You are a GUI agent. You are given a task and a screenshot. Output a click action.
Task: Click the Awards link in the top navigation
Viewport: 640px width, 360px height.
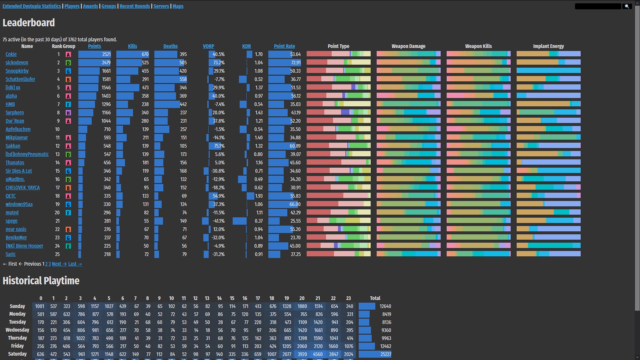(x=90, y=6)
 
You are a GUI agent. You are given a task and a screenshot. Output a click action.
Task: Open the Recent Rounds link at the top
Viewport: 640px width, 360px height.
(x=135, y=6)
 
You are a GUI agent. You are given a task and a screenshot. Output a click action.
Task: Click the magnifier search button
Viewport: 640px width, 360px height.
(x=627, y=6)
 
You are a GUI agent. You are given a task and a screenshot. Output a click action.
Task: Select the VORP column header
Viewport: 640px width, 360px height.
(x=208, y=46)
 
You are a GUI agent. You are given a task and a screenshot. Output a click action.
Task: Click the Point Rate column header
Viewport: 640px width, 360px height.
(x=284, y=46)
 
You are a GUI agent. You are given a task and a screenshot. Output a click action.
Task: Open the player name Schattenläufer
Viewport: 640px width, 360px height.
(x=20, y=79)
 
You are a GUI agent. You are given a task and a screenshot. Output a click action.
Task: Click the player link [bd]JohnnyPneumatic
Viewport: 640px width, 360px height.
(x=27, y=154)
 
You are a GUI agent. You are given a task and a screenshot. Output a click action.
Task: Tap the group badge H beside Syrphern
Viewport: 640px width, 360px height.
(x=68, y=113)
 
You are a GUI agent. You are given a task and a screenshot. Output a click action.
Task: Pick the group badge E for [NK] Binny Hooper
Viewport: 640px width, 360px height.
(x=68, y=246)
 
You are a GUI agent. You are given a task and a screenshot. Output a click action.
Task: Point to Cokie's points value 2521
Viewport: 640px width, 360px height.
(x=106, y=54)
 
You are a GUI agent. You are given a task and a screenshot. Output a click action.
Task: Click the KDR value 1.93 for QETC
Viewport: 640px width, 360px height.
(x=259, y=196)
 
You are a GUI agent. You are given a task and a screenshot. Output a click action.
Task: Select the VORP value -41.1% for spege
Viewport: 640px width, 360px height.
(x=218, y=221)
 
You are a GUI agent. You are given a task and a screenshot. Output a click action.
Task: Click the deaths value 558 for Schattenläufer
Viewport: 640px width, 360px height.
(x=183, y=79)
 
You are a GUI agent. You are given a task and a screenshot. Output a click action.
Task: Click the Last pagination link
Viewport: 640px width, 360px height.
(x=75, y=264)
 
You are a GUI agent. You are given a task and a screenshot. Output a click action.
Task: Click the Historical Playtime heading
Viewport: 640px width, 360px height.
(x=41, y=281)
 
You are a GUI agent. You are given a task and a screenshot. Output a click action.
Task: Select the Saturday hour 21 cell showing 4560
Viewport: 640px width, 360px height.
(x=318, y=354)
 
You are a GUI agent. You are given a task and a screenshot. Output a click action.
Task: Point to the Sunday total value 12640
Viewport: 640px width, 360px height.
(x=385, y=306)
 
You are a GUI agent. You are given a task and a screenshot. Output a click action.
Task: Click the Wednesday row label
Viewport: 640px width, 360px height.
(x=17, y=330)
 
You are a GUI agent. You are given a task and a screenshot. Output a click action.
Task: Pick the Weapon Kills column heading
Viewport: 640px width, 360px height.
(x=478, y=46)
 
